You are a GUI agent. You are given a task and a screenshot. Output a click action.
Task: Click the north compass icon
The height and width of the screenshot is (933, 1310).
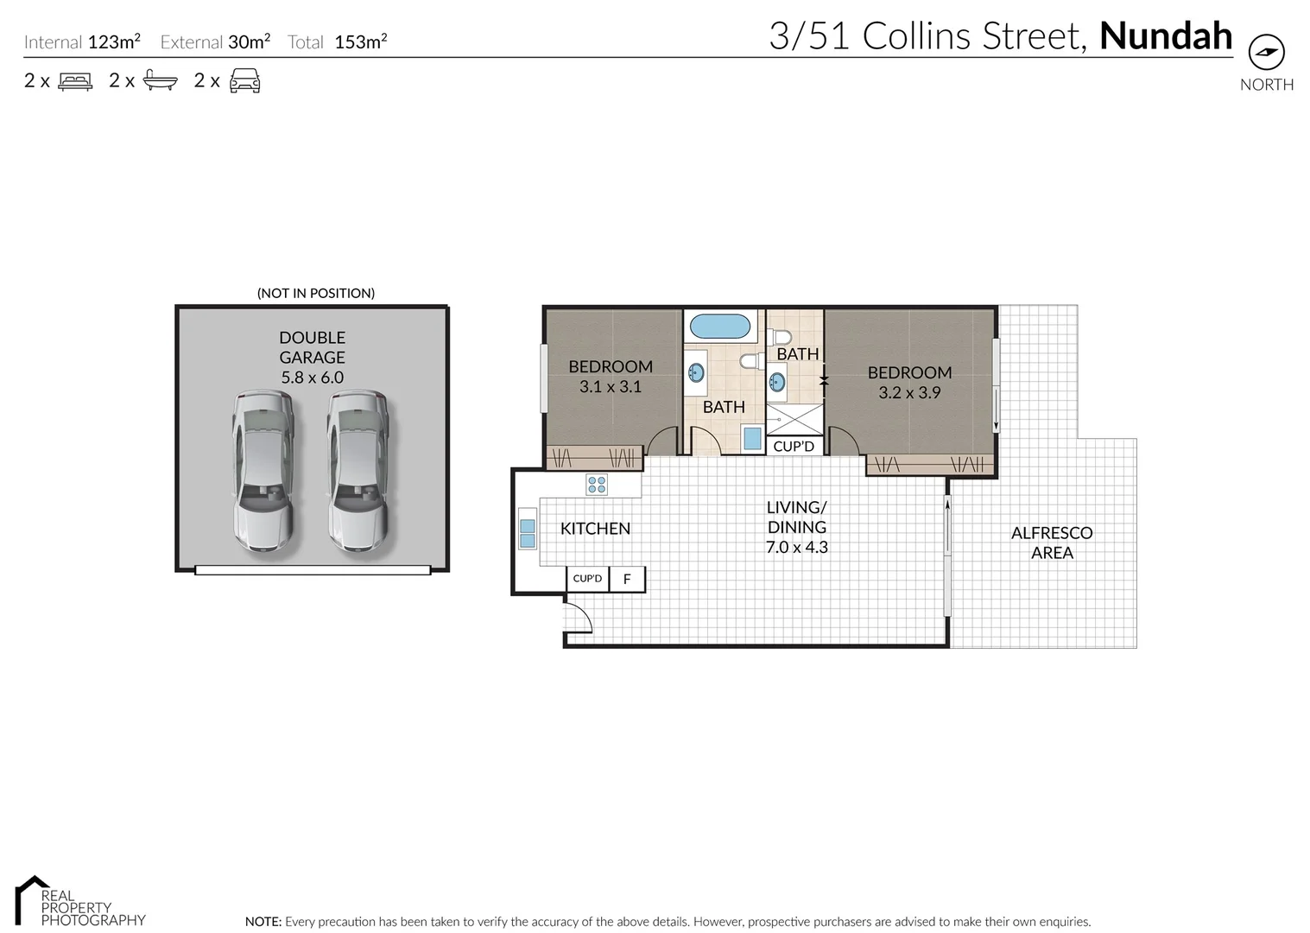point(1266,53)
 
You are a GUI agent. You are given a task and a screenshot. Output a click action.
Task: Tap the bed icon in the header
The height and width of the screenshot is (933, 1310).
point(75,81)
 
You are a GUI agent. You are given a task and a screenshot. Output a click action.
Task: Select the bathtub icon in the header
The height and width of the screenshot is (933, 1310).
point(160,81)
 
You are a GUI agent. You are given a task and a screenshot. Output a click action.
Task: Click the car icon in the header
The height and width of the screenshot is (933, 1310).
point(244,81)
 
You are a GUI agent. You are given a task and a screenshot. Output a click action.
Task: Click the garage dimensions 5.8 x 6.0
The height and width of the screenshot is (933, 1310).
point(312,378)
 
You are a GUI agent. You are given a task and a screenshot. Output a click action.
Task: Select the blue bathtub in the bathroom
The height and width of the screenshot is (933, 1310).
point(720,327)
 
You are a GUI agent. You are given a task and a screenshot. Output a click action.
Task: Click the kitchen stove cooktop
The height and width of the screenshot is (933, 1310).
point(597,484)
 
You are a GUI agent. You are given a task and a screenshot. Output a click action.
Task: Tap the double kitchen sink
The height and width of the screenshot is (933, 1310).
point(527,533)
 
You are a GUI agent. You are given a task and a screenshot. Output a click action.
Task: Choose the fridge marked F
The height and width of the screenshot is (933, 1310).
point(627,579)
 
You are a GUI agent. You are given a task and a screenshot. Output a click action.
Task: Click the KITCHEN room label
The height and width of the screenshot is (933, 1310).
point(595,529)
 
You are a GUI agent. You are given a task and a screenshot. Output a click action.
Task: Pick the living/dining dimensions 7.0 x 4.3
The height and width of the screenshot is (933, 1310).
point(796,547)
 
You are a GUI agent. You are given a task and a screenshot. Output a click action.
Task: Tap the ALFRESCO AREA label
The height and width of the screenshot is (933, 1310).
point(1052,543)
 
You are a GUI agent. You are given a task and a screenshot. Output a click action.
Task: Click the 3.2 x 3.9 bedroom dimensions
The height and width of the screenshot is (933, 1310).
point(909,392)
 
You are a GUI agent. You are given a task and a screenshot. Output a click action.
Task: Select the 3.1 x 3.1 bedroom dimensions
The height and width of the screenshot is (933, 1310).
point(611,387)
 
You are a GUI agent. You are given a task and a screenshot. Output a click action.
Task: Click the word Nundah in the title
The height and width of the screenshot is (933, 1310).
point(1165,36)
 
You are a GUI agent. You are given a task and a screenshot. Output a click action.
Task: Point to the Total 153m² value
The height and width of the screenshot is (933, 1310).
point(360,41)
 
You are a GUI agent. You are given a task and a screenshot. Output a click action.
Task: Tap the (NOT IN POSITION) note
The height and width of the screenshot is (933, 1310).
point(316,293)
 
